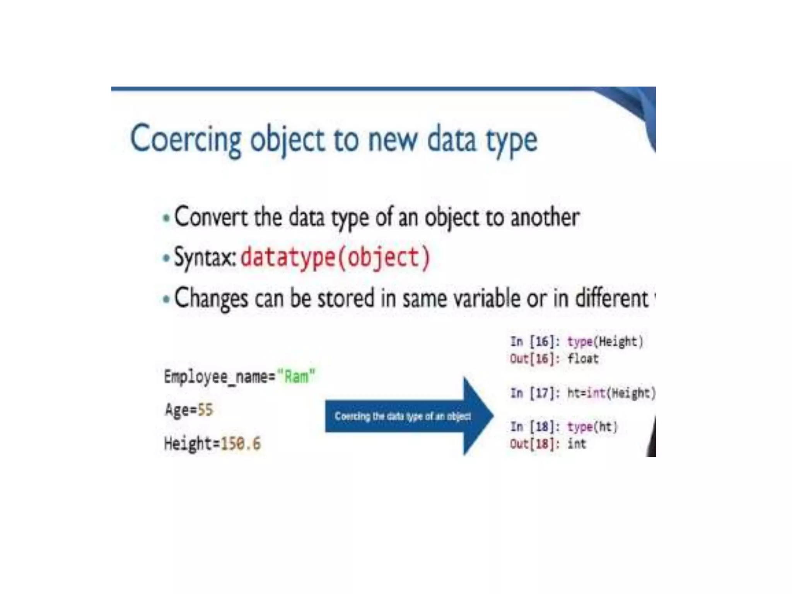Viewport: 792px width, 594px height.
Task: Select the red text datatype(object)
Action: coord(335,258)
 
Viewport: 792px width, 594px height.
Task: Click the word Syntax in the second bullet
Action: coord(204,258)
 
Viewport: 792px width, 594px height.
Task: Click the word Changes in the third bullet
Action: coord(211,299)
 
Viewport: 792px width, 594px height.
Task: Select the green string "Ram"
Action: coord(297,376)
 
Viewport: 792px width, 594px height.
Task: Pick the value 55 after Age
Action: coord(205,410)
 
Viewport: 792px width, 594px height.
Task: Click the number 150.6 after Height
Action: coord(241,443)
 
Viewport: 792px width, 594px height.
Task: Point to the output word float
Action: coord(583,359)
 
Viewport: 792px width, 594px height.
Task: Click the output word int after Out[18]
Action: coord(577,444)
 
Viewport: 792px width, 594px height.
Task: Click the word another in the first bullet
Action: coord(545,217)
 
